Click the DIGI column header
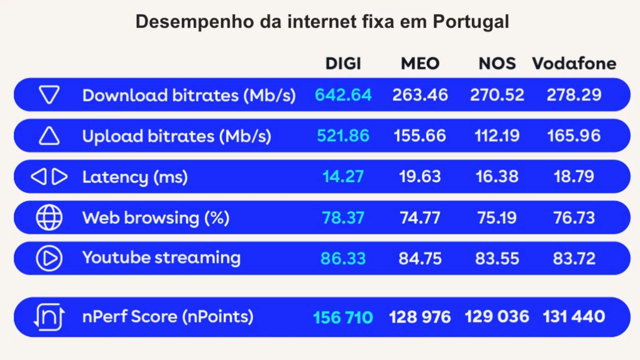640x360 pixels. (343, 64)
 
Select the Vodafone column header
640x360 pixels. (574, 64)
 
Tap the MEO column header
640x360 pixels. (420, 64)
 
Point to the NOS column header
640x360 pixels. (497, 64)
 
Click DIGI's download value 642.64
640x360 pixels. (343, 95)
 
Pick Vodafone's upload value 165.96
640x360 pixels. (574, 136)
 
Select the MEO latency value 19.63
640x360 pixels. (420, 176)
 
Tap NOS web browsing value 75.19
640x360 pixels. (497, 218)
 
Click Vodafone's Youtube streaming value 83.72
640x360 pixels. (574, 258)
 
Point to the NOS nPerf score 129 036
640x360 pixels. (497, 317)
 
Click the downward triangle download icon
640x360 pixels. (49, 95)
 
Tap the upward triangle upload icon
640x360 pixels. (49, 136)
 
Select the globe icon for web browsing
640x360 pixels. (49, 218)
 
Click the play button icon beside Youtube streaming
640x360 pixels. (49, 258)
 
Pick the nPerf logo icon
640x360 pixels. (49, 317)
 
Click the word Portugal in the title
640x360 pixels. (471, 22)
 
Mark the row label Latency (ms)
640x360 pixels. (135, 177)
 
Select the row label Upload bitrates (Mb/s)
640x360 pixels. (176, 136)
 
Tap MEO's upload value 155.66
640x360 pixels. (420, 136)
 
